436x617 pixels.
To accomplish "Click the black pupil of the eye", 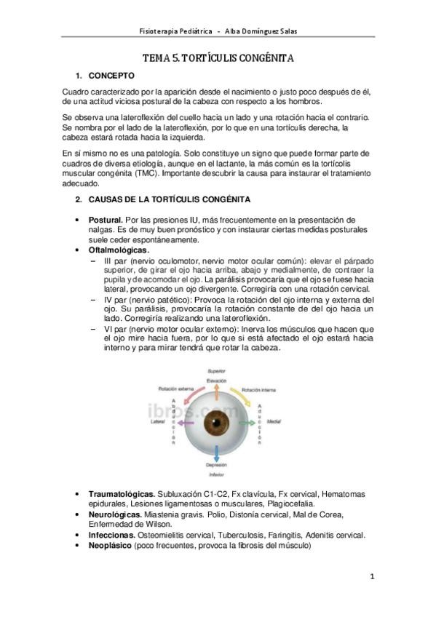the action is point(221,423).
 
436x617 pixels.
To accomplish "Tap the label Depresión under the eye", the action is point(221,463).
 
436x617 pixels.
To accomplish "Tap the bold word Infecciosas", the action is point(112,535).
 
